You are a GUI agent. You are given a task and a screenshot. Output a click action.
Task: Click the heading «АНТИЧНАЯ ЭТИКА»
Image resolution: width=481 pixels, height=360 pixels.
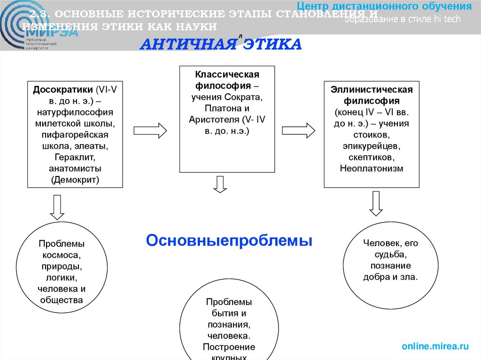point(221,45)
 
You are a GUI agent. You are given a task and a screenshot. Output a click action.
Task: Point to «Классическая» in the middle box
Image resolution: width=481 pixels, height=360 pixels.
point(227,75)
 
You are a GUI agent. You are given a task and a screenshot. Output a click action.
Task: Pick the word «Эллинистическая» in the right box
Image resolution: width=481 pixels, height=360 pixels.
point(372,90)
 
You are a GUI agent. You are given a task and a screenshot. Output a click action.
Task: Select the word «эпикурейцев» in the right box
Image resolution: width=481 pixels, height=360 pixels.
point(372,146)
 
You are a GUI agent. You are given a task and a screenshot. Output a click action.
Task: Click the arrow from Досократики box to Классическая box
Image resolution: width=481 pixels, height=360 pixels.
point(150,130)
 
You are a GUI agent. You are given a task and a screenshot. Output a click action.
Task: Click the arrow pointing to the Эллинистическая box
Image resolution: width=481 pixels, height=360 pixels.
point(298,130)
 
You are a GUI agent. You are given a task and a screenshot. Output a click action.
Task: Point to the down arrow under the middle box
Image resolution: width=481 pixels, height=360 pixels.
point(220,184)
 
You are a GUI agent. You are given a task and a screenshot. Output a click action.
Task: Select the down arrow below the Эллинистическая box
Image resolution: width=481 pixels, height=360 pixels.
point(376,203)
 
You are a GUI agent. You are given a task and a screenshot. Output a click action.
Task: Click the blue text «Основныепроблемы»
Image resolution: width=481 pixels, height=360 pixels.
point(229,241)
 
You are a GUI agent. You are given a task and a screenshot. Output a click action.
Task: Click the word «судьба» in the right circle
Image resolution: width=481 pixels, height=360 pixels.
point(390,255)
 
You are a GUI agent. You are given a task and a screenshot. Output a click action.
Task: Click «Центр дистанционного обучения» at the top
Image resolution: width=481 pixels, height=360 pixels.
point(385,7)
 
